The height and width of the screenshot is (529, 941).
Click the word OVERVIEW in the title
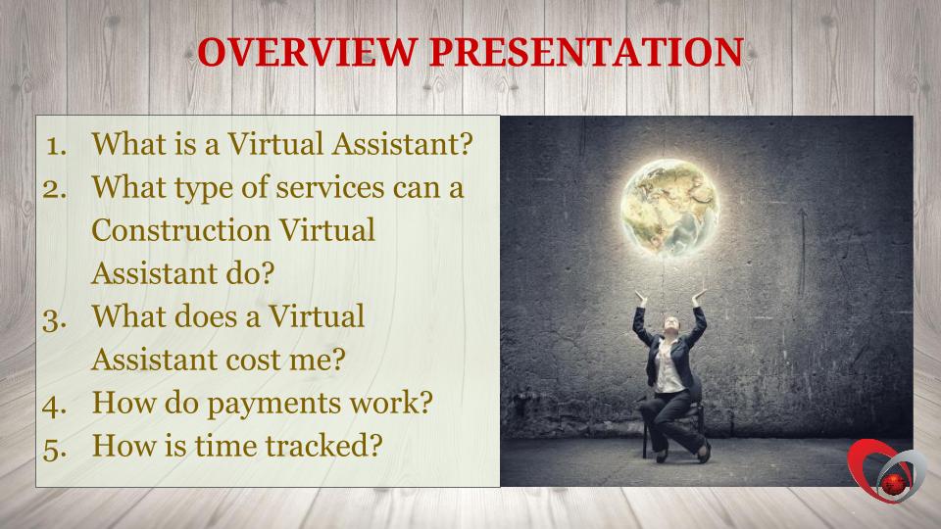(307, 52)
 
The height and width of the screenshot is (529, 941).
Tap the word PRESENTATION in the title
(586, 52)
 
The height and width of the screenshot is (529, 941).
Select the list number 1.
(57, 146)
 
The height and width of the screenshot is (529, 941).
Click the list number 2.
(55, 189)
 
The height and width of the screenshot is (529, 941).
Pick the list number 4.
(55, 406)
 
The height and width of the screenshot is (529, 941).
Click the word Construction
(181, 230)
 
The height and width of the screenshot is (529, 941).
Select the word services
(330, 188)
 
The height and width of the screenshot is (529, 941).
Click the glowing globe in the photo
(669, 208)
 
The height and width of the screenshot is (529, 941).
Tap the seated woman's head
(670, 324)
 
